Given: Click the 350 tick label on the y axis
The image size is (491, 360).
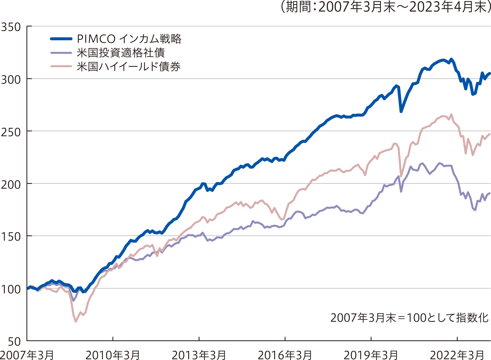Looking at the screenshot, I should click(11, 27).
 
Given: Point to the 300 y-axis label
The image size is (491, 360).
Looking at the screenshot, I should click(11, 79).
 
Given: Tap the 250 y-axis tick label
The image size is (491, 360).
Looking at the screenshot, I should click(11, 132).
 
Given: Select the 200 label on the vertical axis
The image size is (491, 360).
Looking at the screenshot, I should click(11, 184).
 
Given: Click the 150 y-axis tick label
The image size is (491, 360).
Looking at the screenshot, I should click(11, 237).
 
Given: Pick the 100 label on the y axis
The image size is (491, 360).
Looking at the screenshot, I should click(11, 289).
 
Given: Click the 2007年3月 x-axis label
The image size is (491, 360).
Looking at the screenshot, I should click(27, 355).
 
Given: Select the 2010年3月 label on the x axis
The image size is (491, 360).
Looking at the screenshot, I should click(113, 355).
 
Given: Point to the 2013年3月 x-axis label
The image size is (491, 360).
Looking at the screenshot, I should click(199, 355).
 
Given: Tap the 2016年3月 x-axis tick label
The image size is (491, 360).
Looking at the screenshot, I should click(285, 355).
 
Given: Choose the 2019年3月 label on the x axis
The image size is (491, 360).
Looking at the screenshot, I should click(371, 355).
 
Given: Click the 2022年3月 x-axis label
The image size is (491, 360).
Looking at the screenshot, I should click(457, 355).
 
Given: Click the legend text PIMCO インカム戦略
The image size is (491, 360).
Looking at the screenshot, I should click(129, 39).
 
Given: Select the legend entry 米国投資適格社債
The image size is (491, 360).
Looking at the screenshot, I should click(120, 53).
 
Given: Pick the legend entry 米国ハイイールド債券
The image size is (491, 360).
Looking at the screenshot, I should click(128, 67).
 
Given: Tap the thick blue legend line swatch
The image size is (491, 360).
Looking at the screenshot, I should click(61, 39).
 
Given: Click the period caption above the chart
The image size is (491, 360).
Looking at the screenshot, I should click(385, 7).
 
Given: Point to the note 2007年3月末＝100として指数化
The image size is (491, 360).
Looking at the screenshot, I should click(409, 318).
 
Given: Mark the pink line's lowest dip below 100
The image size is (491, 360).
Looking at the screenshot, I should click(76, 322).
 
